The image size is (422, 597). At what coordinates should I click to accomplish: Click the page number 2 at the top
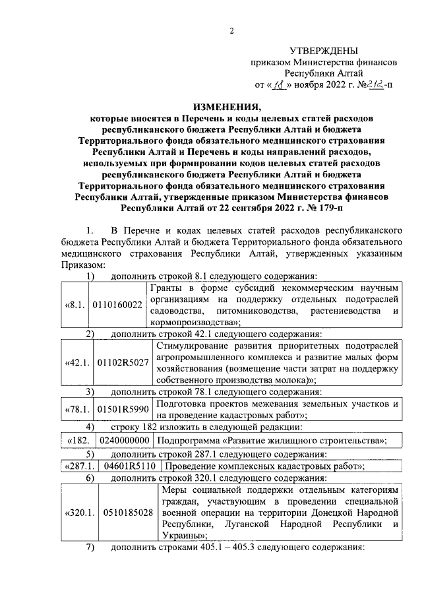pos(231,30)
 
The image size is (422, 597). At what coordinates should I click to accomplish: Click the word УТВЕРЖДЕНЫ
pos(324,51)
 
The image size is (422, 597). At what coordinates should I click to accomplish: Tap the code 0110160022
pos(118,305)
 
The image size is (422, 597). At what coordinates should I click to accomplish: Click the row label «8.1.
pos(74,305)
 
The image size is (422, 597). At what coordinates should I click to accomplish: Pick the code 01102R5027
pos(123,363)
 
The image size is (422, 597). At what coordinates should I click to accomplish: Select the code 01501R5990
pos(122,409)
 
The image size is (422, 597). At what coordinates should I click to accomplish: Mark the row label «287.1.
pos(78,466)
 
